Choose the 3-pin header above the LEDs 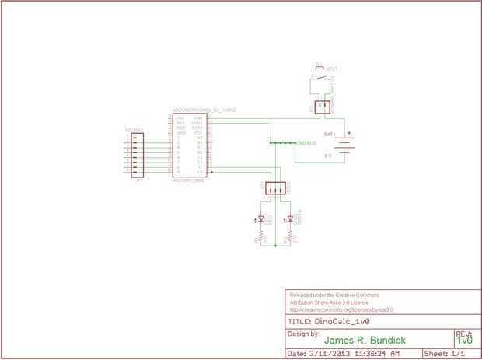[x=275, y=188]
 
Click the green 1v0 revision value [x=464, y=341]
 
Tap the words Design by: [x=303, y=333]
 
